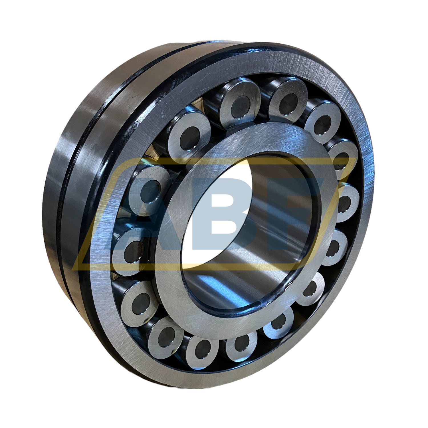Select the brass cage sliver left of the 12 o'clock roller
pos(210,107)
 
